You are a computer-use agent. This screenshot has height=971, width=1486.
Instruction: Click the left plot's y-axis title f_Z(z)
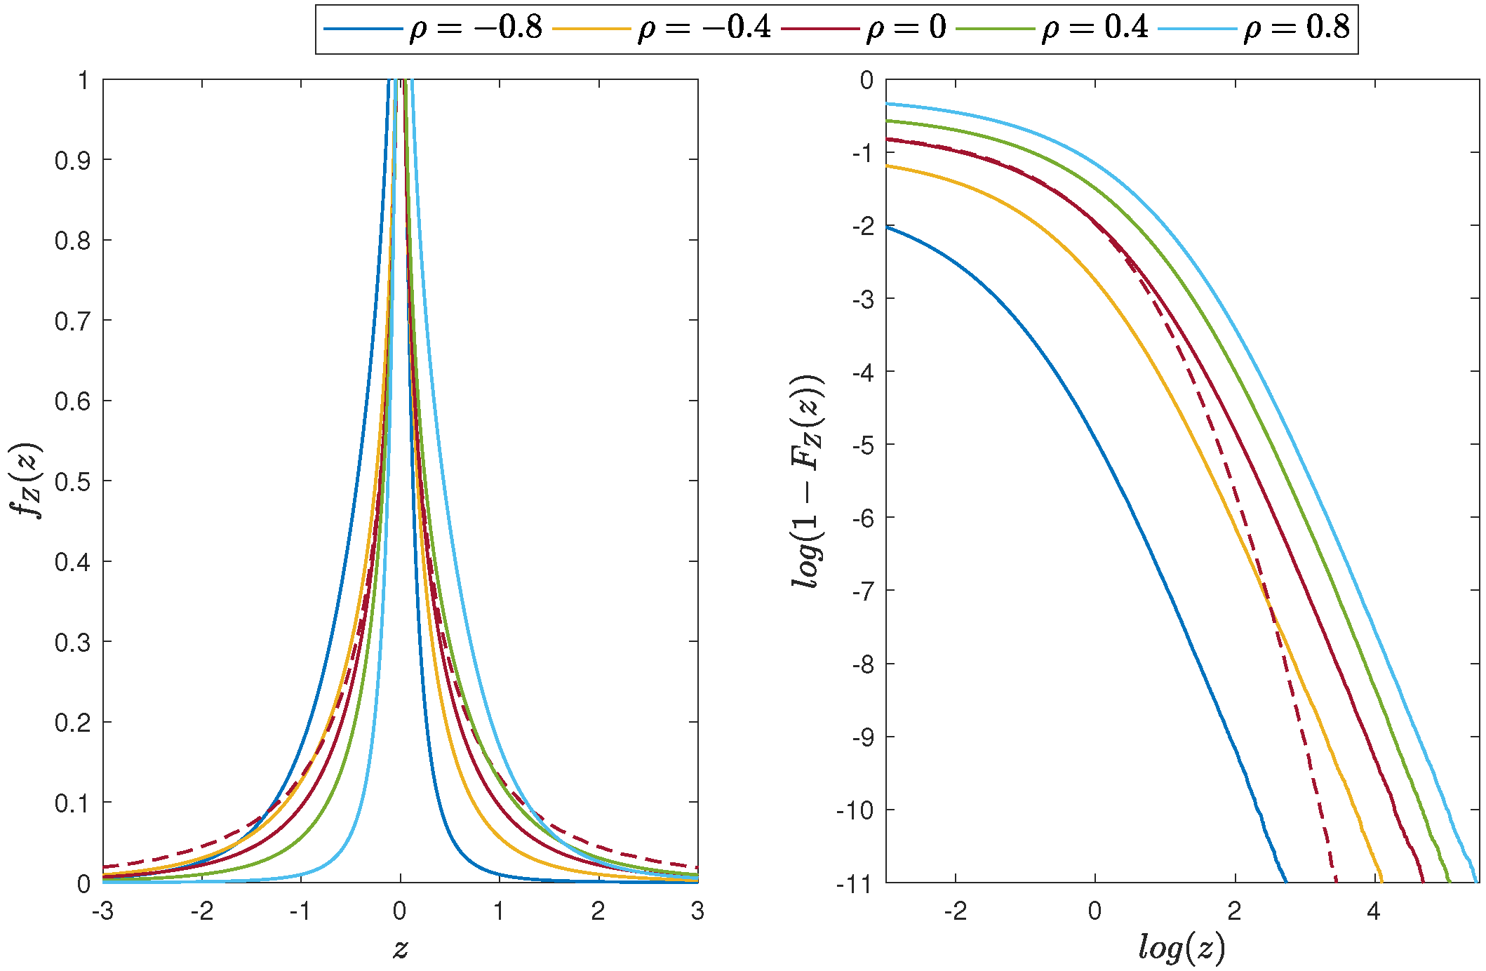tap(28, 481)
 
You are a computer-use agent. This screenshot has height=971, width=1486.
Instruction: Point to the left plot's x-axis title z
tap(400, 949)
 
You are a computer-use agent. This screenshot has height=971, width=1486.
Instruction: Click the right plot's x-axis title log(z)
tap(1182, 949)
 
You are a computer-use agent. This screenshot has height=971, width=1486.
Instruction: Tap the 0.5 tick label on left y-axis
tap(72, 482)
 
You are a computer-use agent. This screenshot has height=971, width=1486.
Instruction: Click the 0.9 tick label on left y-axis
tap(72, 161)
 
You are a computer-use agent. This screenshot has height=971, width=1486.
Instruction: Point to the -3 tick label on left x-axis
tap(103, 911)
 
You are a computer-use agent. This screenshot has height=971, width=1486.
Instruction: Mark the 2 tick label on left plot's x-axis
tap(598, 911)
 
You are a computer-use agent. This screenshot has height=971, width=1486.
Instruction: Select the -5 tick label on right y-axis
tap(862, 446)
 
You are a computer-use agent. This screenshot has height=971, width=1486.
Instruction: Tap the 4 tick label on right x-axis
tap(1374, 911)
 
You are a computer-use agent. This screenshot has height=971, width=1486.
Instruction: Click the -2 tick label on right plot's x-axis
tap(955, 911)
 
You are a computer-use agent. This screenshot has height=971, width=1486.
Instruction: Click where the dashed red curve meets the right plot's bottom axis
tap(1336, 881)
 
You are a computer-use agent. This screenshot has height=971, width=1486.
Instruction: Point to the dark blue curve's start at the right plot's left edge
tap(887, 227)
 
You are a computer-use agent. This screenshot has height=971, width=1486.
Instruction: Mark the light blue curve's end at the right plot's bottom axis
tap(1476, 881)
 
